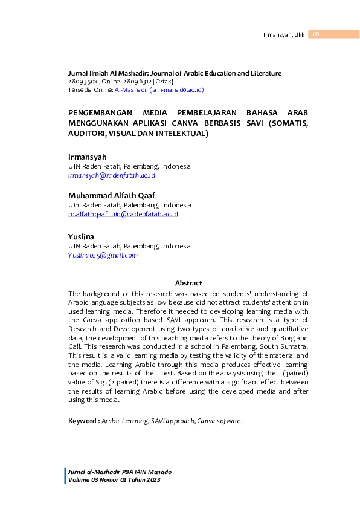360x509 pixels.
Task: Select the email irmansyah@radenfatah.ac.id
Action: [112, 175]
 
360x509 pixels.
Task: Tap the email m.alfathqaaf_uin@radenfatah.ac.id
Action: [123, 214]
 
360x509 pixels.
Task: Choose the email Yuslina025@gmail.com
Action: [103, 255]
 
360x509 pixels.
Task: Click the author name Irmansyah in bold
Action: [87, 157]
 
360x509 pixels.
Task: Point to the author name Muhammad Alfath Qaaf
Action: [111, 195]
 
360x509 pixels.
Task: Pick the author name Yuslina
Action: [81, 236]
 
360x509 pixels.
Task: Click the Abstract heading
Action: [188, 283]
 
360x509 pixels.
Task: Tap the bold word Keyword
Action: [83, 421]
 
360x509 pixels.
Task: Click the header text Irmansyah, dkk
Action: [283, 34]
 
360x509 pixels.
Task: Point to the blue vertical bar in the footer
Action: [65, 475]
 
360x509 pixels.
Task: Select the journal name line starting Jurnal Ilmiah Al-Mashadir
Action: [175, 73]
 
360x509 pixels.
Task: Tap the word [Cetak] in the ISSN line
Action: [163, 81]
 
